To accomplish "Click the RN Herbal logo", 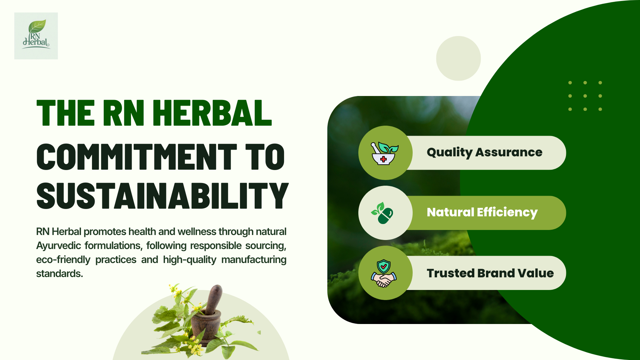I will coord(36,36).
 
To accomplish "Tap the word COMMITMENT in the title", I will coord(136,157).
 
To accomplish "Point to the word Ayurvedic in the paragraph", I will coord(58,246).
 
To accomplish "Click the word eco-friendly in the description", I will coord(63,260).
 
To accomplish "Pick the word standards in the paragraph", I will coord(59,274).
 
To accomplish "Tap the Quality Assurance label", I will coord(484,152).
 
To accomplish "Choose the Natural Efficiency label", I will coord(482,212).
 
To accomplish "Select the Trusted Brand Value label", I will coord(490,273).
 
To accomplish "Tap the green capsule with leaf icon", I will coord(383,213).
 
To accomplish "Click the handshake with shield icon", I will coord(384,273).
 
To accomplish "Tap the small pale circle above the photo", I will coord(458,58).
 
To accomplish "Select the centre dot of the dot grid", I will coord(585,96).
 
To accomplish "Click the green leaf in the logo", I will coord(37,26).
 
